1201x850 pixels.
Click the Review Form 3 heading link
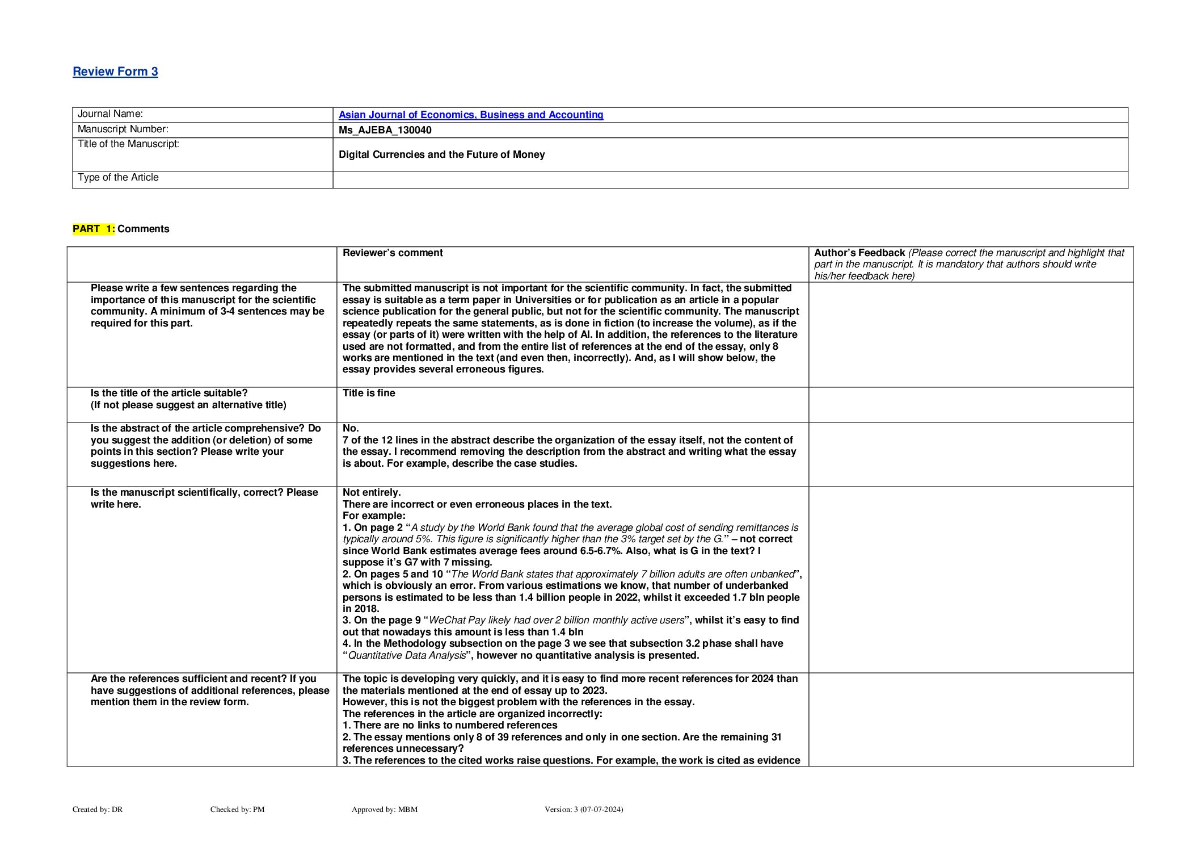click(115, 72)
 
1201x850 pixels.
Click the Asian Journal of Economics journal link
click(470, 115)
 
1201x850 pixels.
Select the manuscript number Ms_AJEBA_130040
click(385, 130)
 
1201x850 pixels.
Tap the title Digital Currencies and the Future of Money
click(441, 154)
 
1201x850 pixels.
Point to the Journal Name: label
click(110, 114)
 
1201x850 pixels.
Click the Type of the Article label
click(118, 178)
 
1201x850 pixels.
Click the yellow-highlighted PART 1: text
click(94, 229)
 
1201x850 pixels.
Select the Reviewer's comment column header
click(393, 253)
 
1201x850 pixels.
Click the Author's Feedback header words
click(859, 253)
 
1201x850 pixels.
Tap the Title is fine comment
click(369, 393)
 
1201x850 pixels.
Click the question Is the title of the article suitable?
click(169, 393)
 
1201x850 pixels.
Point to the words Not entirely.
click(372, 492)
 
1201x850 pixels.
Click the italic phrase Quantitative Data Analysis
click(407, 655)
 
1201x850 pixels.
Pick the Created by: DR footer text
click(98, 809)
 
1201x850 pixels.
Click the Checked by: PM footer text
click(237, 809)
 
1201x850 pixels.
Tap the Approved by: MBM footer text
click(384, 809)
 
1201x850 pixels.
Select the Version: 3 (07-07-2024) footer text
click(583, 809)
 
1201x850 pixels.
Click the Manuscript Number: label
click(123, 129)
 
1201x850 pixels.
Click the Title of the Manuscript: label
click(128, 144)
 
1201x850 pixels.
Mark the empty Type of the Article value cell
click(730, 179)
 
